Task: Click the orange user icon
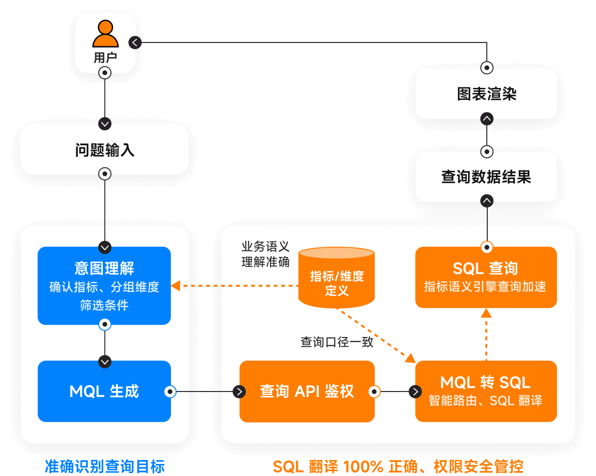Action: pos(105,34)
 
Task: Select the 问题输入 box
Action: pos(104,150)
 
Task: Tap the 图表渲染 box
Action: pos(486,94)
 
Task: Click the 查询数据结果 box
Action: pos(486,177)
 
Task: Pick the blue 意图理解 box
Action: pos(104,285)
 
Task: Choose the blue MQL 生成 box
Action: pos(104,391)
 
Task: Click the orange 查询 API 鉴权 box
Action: pos(307,391)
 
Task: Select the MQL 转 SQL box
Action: pos(486,391)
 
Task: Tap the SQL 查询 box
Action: pos(486,277)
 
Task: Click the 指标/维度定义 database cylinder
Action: pos(337,278)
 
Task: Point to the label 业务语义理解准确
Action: pos(265,254)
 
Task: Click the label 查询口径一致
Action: pos(337,342)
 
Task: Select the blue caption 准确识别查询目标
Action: pos(105,466)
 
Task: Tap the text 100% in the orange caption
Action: pos(363,467)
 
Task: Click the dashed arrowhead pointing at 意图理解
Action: pos(176,286)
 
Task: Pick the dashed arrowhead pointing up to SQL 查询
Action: pos(486,313)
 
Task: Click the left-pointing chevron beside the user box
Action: pos(135,42)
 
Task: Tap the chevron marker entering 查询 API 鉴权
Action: pos(239,392)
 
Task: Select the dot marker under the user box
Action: pos(105,73)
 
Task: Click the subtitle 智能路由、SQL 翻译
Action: pos(486,401)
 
